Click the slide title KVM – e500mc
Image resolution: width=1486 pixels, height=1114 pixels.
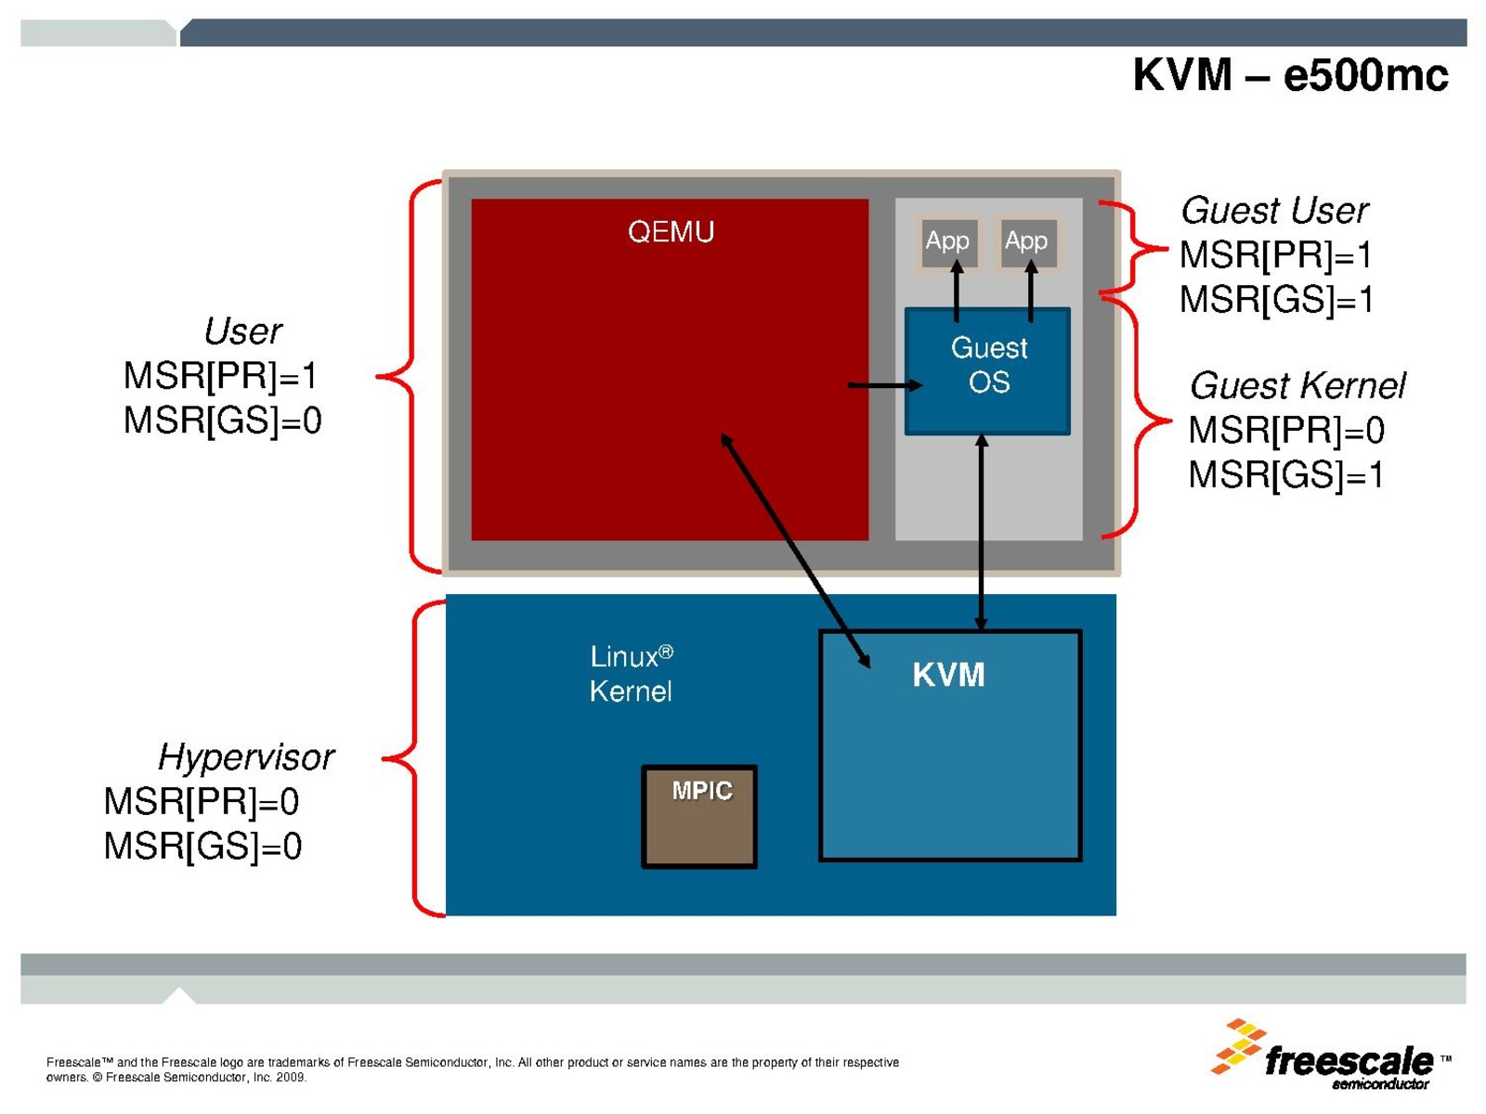pos(1289,75)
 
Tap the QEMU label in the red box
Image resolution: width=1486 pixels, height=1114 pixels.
pos(671,231)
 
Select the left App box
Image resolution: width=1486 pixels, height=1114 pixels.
pos(947,241)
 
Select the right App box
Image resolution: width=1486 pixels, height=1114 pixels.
pos(1026,241)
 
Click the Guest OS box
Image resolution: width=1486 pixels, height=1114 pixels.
pos(988,367)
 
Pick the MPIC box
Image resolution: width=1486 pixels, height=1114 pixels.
pos(700,816)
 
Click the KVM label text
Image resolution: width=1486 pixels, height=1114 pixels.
pos(948,675)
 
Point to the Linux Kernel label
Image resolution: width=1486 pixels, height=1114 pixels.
pos(631,674)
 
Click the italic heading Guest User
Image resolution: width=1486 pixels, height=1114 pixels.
pos(1274,211)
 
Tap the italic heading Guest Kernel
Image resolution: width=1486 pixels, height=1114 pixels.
pos(1297,385)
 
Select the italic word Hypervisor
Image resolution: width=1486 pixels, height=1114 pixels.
pos(245,758)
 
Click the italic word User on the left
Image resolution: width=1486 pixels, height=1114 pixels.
pos(242,331)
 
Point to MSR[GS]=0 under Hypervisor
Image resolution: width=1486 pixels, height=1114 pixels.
pos(202,847)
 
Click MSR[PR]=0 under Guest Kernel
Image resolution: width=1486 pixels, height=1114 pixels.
pos(1286,431)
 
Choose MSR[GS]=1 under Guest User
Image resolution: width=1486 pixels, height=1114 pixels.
pos(1276,300)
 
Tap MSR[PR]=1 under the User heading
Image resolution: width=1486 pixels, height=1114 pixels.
pos(221,376)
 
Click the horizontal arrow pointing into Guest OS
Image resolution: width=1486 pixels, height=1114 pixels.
pos(884,385)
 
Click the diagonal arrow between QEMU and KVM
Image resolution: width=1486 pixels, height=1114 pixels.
pos(795,550)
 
